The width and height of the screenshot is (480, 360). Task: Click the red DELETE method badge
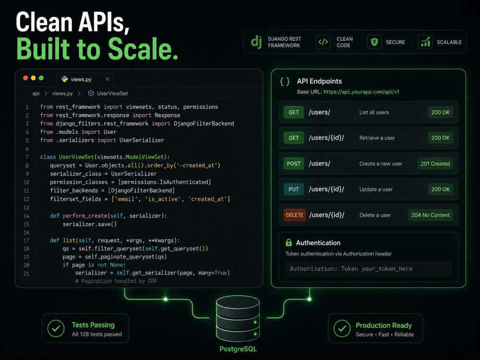[295, 215]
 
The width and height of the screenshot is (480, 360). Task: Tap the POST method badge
[294, 164]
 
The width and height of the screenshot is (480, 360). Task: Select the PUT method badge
[294, 189]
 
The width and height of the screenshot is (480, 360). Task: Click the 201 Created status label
[435, 164]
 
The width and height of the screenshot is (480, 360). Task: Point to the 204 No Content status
[431, 215]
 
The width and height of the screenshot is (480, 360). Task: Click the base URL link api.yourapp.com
[361, 92]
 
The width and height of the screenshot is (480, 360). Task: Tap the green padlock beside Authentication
[288, 243]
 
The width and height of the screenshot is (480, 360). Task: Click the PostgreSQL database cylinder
[238, 318]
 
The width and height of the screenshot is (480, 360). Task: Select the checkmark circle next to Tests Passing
[56, 328]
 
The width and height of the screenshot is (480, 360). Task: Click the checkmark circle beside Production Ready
[342, 328]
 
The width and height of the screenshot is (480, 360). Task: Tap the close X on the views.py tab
[107, 79]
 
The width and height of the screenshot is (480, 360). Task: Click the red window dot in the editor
[25, 78]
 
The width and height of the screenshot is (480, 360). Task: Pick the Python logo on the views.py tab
[65, 79]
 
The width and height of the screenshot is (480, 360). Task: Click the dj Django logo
[256, 42]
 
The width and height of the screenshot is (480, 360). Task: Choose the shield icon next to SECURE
[374, 42]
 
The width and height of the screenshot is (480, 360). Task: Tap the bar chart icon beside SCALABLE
[425, 42]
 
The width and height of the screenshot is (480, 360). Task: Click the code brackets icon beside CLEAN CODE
[323, 42]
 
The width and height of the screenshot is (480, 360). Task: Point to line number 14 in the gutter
[26, 216]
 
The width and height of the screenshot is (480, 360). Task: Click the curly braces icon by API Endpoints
[285, 82]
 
